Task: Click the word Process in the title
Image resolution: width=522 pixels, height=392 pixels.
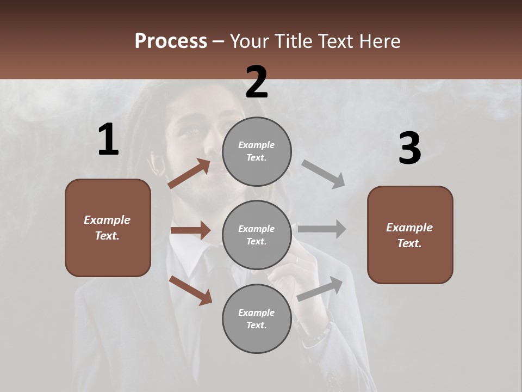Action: point(171,41)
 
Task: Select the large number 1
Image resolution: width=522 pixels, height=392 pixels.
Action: point(108,140)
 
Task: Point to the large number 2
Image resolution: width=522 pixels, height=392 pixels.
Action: point(257,82)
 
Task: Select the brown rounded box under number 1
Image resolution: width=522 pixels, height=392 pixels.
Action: point(108,228)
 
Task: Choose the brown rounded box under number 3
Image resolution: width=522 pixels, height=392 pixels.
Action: point(410,235)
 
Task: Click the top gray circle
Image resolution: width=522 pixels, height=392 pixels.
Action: point(257,151)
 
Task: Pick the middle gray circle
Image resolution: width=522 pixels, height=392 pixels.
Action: point(257,235)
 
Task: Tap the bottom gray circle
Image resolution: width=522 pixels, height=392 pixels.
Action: point(257,318)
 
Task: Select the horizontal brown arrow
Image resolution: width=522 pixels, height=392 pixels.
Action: point(190,230)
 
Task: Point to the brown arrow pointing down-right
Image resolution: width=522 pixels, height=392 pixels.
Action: point(191,290)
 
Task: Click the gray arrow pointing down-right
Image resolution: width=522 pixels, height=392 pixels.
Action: point(324,174)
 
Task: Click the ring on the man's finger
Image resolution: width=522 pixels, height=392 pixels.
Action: point(297,260)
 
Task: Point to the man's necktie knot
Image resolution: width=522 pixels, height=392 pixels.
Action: point(208,256)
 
